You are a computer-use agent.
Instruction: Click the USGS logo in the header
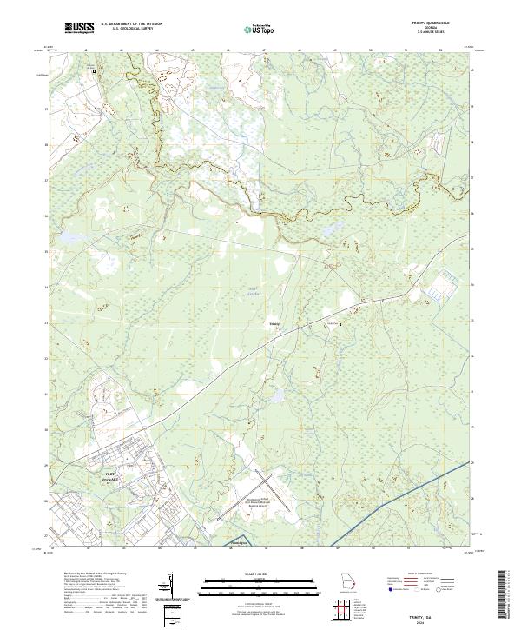click(x=79, y=29)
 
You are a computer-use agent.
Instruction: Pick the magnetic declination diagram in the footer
click(x=172, y=586)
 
